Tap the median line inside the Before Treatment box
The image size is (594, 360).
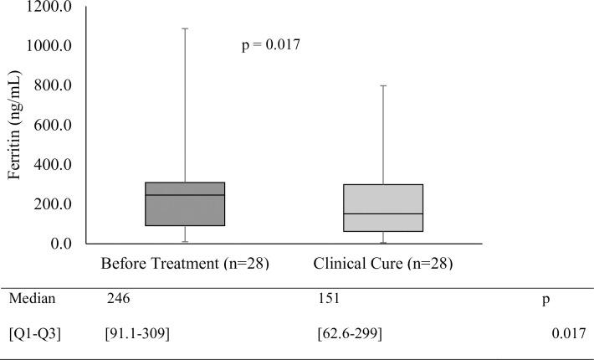[185, 195]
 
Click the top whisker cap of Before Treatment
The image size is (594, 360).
[185, 28]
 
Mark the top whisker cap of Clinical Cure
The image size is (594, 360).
[383, 85]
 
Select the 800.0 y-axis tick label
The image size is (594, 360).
[53, 85]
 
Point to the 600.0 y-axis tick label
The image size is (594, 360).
[53, 125]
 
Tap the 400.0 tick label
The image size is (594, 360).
[53, 164]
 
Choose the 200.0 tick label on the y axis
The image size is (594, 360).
[53, 204]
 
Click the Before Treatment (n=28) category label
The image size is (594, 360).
[184, 264]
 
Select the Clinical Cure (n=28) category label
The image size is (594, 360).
[383, 264]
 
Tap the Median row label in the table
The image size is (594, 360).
[31, 298]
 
